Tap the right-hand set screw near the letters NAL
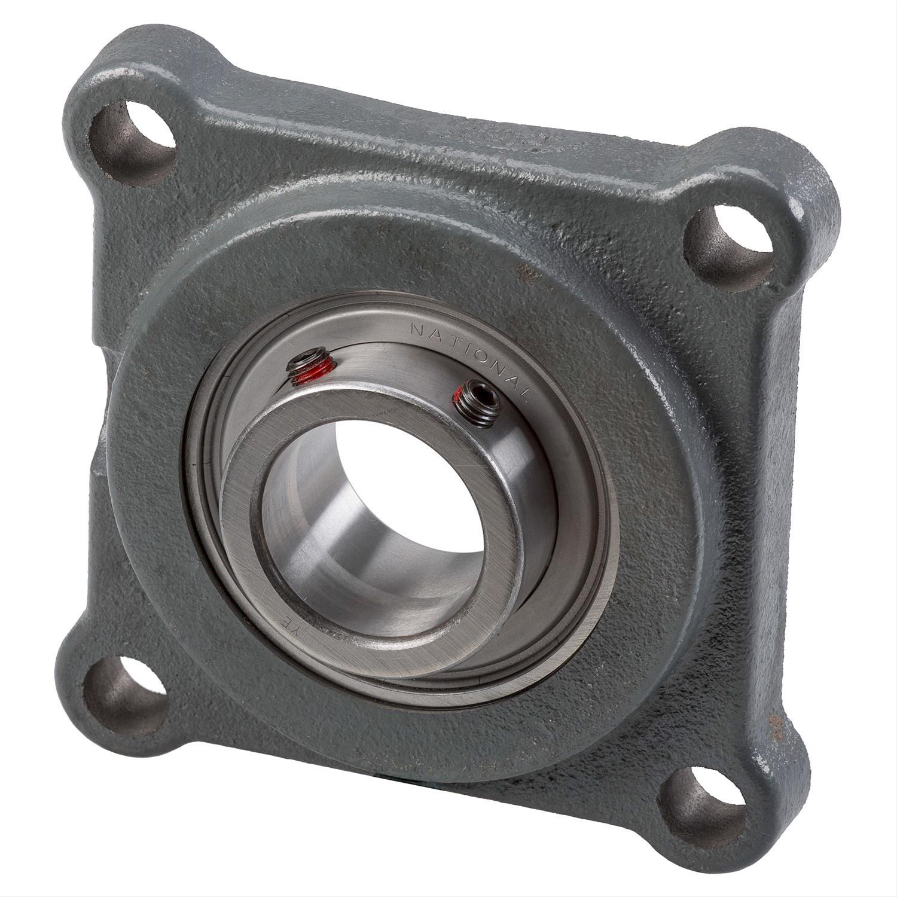(x=477, y=404)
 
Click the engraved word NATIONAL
(x=472, y=353)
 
